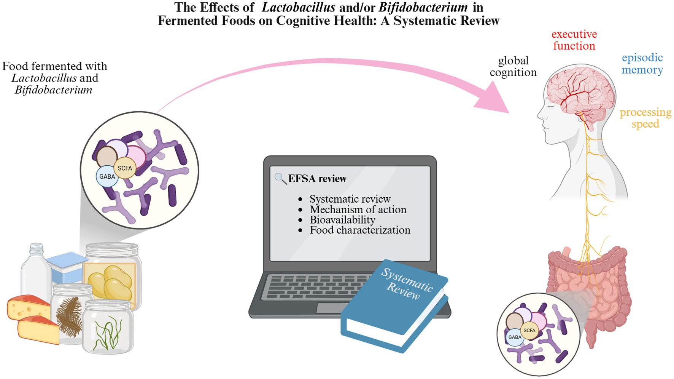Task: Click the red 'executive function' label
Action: [574, 40]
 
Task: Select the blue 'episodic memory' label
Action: [642, 64]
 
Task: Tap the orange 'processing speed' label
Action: [645, 118]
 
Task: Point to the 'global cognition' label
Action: [513, 66]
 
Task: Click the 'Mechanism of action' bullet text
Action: [358, 209]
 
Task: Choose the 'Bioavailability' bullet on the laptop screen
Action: [342, 220]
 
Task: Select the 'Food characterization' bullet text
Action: [360, 230]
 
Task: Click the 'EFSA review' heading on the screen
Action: [317, 179]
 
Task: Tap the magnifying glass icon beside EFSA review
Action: [280, 178]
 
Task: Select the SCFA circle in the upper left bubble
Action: [125, 168]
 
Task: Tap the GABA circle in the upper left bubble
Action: [107, 177]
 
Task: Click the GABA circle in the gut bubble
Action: [515, 337]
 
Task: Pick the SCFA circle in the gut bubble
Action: [529, 331]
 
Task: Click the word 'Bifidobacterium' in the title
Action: [423, 7]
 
